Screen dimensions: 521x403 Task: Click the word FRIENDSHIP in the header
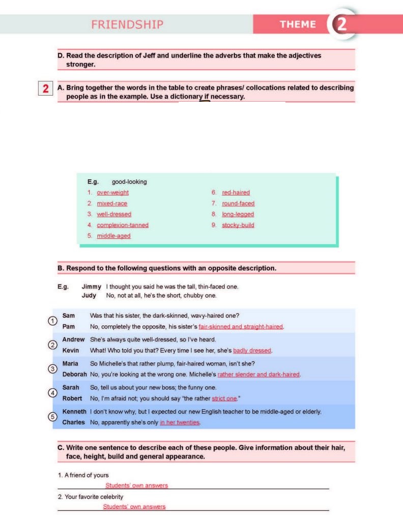(x=127, y=24)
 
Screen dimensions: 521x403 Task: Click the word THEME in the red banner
(x=298, y=24)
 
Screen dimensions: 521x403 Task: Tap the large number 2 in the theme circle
(x=341, y=24)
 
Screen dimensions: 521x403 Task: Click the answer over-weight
(x=112, y=193)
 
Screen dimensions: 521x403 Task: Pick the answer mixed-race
(x=112, y=204)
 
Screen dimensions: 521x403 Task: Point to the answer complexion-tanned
(x=123, y=225)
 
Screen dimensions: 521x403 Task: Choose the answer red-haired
(x=236, y=193)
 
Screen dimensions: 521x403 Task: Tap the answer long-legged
(x=238, y=214)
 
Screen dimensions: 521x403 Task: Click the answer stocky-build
(x=238, y=225)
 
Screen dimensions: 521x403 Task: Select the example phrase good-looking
(x=129, y=182)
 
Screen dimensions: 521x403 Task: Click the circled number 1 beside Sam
(x=52, y=321)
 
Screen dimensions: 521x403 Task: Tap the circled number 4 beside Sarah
(x=52, y=392)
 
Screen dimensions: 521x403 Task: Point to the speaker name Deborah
(x=74, y=374)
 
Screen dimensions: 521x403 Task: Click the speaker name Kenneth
(x=74, y=411)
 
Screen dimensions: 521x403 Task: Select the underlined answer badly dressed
(x=252, y=351)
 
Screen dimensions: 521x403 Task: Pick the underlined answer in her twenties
(x=180, y=422)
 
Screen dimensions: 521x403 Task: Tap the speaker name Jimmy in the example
(x=91, y=287)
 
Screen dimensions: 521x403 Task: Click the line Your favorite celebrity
(x=90, y=497)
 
